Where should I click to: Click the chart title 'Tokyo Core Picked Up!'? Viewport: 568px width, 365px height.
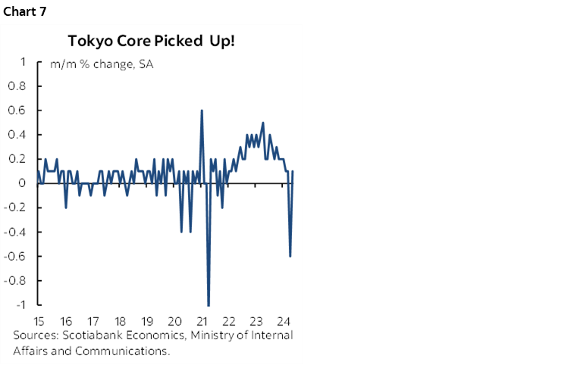(151, 41)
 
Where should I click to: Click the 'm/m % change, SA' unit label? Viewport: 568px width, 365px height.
(102, 64)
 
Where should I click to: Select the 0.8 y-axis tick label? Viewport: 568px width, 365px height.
(18, 86)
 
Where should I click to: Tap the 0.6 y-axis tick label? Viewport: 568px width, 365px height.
(18, 111)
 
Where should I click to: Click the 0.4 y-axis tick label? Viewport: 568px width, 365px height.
(18, 135)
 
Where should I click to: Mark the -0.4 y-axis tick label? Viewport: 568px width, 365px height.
(17, 232)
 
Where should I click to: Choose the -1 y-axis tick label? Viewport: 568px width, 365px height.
(22, 304)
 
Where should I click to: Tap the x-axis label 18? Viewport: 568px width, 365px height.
(120, 320)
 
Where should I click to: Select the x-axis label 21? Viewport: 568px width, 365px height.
(201, 320)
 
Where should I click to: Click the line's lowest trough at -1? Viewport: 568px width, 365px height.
(209, 304)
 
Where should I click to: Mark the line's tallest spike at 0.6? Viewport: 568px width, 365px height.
(202, 111)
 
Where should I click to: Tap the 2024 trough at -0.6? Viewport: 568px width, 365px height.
(290, 256)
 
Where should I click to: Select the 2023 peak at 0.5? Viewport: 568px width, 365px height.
(263, 123)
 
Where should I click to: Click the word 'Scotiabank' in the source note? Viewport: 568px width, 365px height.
(92, 335)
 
